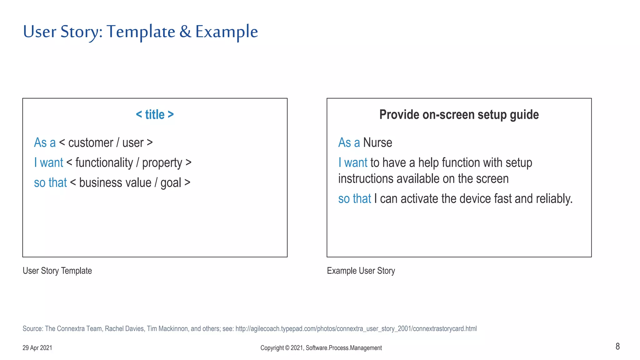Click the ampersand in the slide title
click(x=185, y=32)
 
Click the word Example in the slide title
click(x=227, y=32)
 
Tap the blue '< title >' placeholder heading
click(x=155, y=115)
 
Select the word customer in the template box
click(x=91, y=143)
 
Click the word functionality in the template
click(x=104, y=163)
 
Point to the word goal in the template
click(x=171, y=183)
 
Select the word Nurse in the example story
click(x=377, y=143)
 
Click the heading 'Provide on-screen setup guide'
click(x=459, y=115)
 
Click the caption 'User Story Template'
click(x=57, y=271)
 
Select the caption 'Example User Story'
click(x=361, y=271)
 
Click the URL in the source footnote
click(x=356, y=329)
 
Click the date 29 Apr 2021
click(x=37, y=348)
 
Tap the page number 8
click(x=617, y=346)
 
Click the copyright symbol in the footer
click(x=287, y=348)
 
